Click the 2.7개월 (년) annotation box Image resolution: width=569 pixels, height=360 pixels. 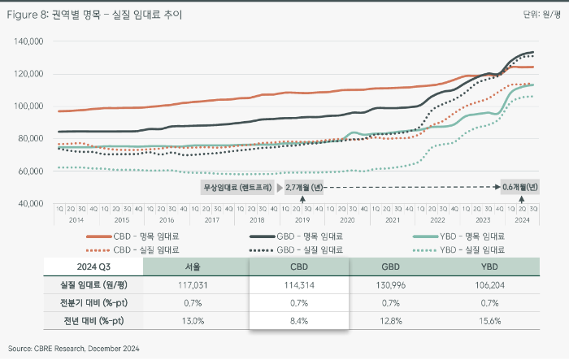click(303, 187)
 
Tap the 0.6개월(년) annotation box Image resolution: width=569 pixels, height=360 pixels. click(519, 187)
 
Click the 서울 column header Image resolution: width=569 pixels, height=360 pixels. click(194, 267)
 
